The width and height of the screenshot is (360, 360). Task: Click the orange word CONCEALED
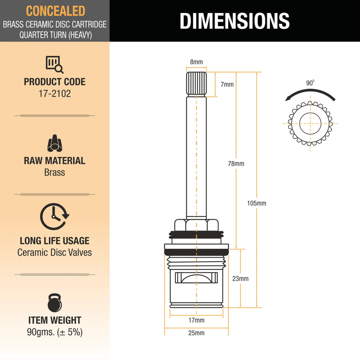tap(55, 11)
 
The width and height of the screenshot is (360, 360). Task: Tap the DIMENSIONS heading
tap(234, 21)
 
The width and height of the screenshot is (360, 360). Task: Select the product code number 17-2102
tap(54, 94)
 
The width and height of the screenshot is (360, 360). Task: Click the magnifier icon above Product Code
tap(54, 64)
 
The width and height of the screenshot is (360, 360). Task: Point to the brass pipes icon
tap(54, 143)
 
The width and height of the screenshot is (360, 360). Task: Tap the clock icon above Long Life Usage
tap(54, 216)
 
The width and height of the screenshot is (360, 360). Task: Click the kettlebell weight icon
tap(54, 303)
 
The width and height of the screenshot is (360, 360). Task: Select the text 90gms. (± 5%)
tap(54, 332)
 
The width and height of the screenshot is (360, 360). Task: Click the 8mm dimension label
tap(197, 62)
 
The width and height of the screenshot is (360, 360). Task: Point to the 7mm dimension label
tap(227, 85)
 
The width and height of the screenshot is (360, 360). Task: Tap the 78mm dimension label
tap(236, 164)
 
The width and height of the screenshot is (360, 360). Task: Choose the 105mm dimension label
tap(256, 203)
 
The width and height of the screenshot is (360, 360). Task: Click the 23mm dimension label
tap(240, 279)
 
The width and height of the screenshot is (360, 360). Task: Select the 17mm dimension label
tap(197, 320)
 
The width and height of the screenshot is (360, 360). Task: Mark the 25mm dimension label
tap(196, 333)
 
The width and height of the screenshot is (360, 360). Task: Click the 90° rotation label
tap(310, 83)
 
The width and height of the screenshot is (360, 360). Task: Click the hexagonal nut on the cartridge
tap(196, 225)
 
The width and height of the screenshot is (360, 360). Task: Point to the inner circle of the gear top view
tap(310, 113)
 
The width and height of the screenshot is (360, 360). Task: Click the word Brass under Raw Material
tap(54, 172)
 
